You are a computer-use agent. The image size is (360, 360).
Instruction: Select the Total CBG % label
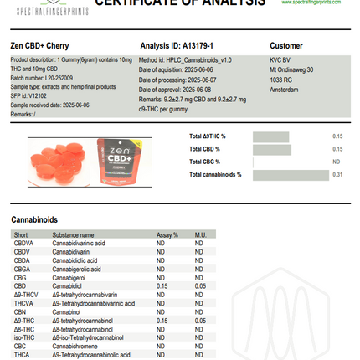click(205, 162)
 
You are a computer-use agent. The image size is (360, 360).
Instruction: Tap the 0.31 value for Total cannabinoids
click(337, 175)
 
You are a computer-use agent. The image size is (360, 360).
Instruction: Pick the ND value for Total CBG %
click(337, 162)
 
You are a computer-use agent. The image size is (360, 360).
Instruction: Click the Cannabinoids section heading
click(34, 219)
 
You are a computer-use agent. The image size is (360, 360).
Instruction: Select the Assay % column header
click(167, 235)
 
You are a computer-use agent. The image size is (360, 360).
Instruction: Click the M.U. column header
click(201, 235)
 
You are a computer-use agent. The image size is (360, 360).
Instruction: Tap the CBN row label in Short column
click(19, 311)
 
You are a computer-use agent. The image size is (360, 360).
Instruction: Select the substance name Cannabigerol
click(69, 277)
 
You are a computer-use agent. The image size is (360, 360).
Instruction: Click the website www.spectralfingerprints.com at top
click(316, 3)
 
